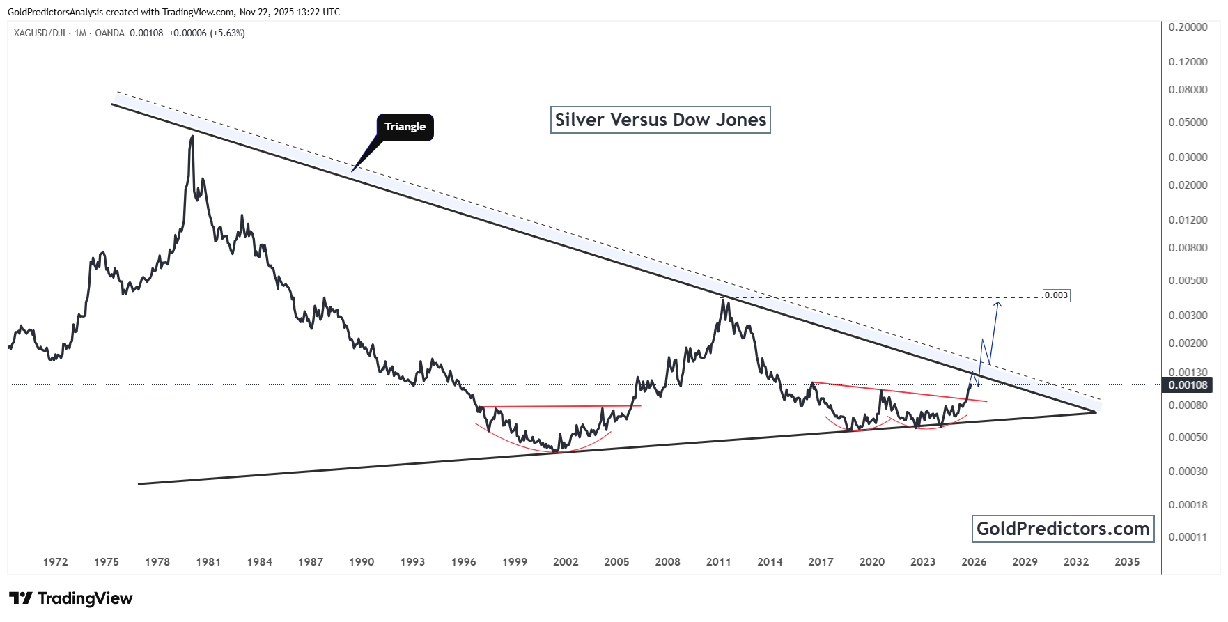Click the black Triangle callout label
(405, 127)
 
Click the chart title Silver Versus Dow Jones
(660, 120)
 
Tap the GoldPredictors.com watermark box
(1062, 529)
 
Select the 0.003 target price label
(1055, 295)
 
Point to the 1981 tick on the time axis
(208, 562)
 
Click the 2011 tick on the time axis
(718, 562)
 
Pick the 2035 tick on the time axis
(1126, 562)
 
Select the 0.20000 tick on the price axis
(1188, 27)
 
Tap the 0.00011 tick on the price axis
(1188, 537)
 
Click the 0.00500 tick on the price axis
(1188, 281)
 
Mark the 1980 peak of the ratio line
(192, 137)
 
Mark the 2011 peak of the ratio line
(723, 300)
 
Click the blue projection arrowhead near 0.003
(998, 302)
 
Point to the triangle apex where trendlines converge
(1096, 412)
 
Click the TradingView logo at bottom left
(70, 598)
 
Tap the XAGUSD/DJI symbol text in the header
(39, 33)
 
